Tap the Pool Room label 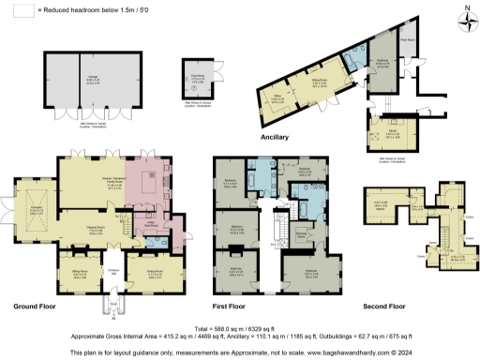[198, 77]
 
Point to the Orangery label [37, 211]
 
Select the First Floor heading [233, 307]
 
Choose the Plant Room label [408, 41]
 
